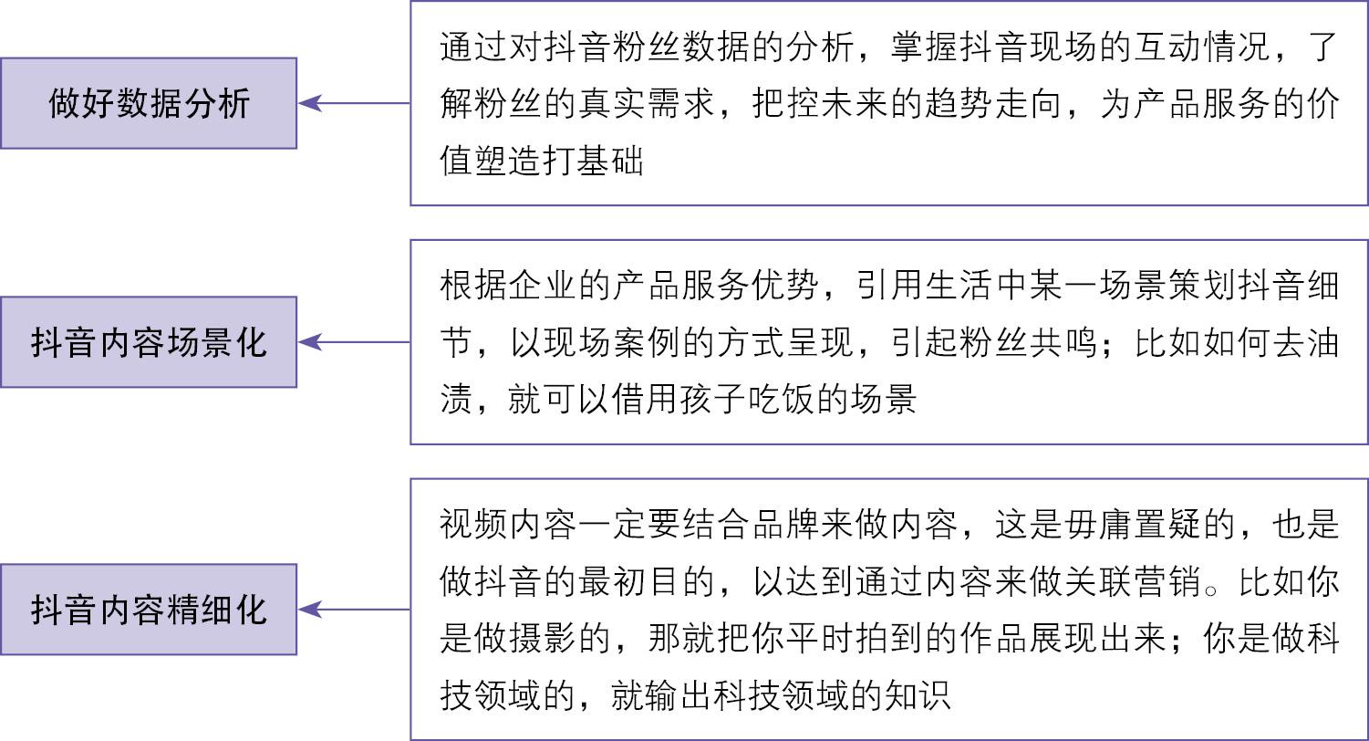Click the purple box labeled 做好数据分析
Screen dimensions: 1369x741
pyautogui.click(x=149, y=103)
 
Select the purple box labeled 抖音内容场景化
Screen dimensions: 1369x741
pyautogui.click(x=149, y=342)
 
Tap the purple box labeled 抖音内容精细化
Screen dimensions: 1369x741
pyautogui.click(x=149, y=610)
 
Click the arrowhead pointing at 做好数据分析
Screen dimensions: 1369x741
pyautogui.click(x=310, y=103)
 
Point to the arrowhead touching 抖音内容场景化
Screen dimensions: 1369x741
pyautogui.click(x=310, y=342)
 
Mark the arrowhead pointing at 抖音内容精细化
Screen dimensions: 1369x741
pyautogui.click(x=310, y=610)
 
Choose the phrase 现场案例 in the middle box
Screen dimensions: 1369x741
pyautogui.click(x=613, y=342)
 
